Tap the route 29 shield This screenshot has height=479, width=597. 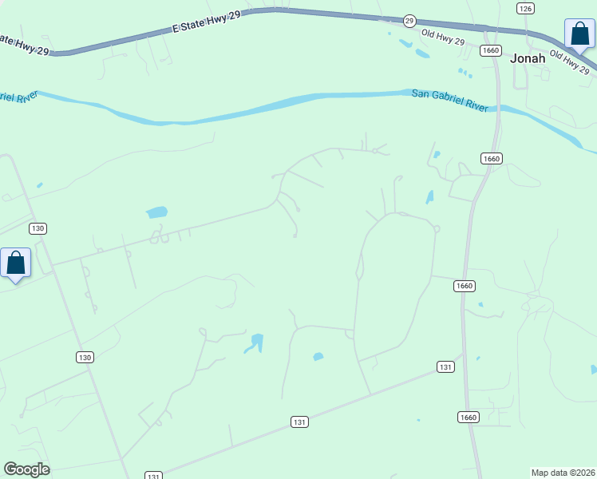click(409, 20)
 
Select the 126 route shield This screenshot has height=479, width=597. click(524, 8)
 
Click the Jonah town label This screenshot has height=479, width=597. click(528, 58)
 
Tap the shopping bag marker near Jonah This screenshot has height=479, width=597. click(579, 34)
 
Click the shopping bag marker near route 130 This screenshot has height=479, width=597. click(15, 263)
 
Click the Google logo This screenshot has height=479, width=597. click(26, 469)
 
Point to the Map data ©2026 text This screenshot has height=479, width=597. click(563, 472)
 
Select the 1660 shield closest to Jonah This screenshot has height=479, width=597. click(491, 50)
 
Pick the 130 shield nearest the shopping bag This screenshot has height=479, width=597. click(38, 228)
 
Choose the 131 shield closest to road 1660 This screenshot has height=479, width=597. click(445, 366)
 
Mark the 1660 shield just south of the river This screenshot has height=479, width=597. click(491, 158)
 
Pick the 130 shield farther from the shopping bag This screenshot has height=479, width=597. click(85, 357)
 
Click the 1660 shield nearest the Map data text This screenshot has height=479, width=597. click(468, 417)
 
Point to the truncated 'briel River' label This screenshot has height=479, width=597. click(18, 98)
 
